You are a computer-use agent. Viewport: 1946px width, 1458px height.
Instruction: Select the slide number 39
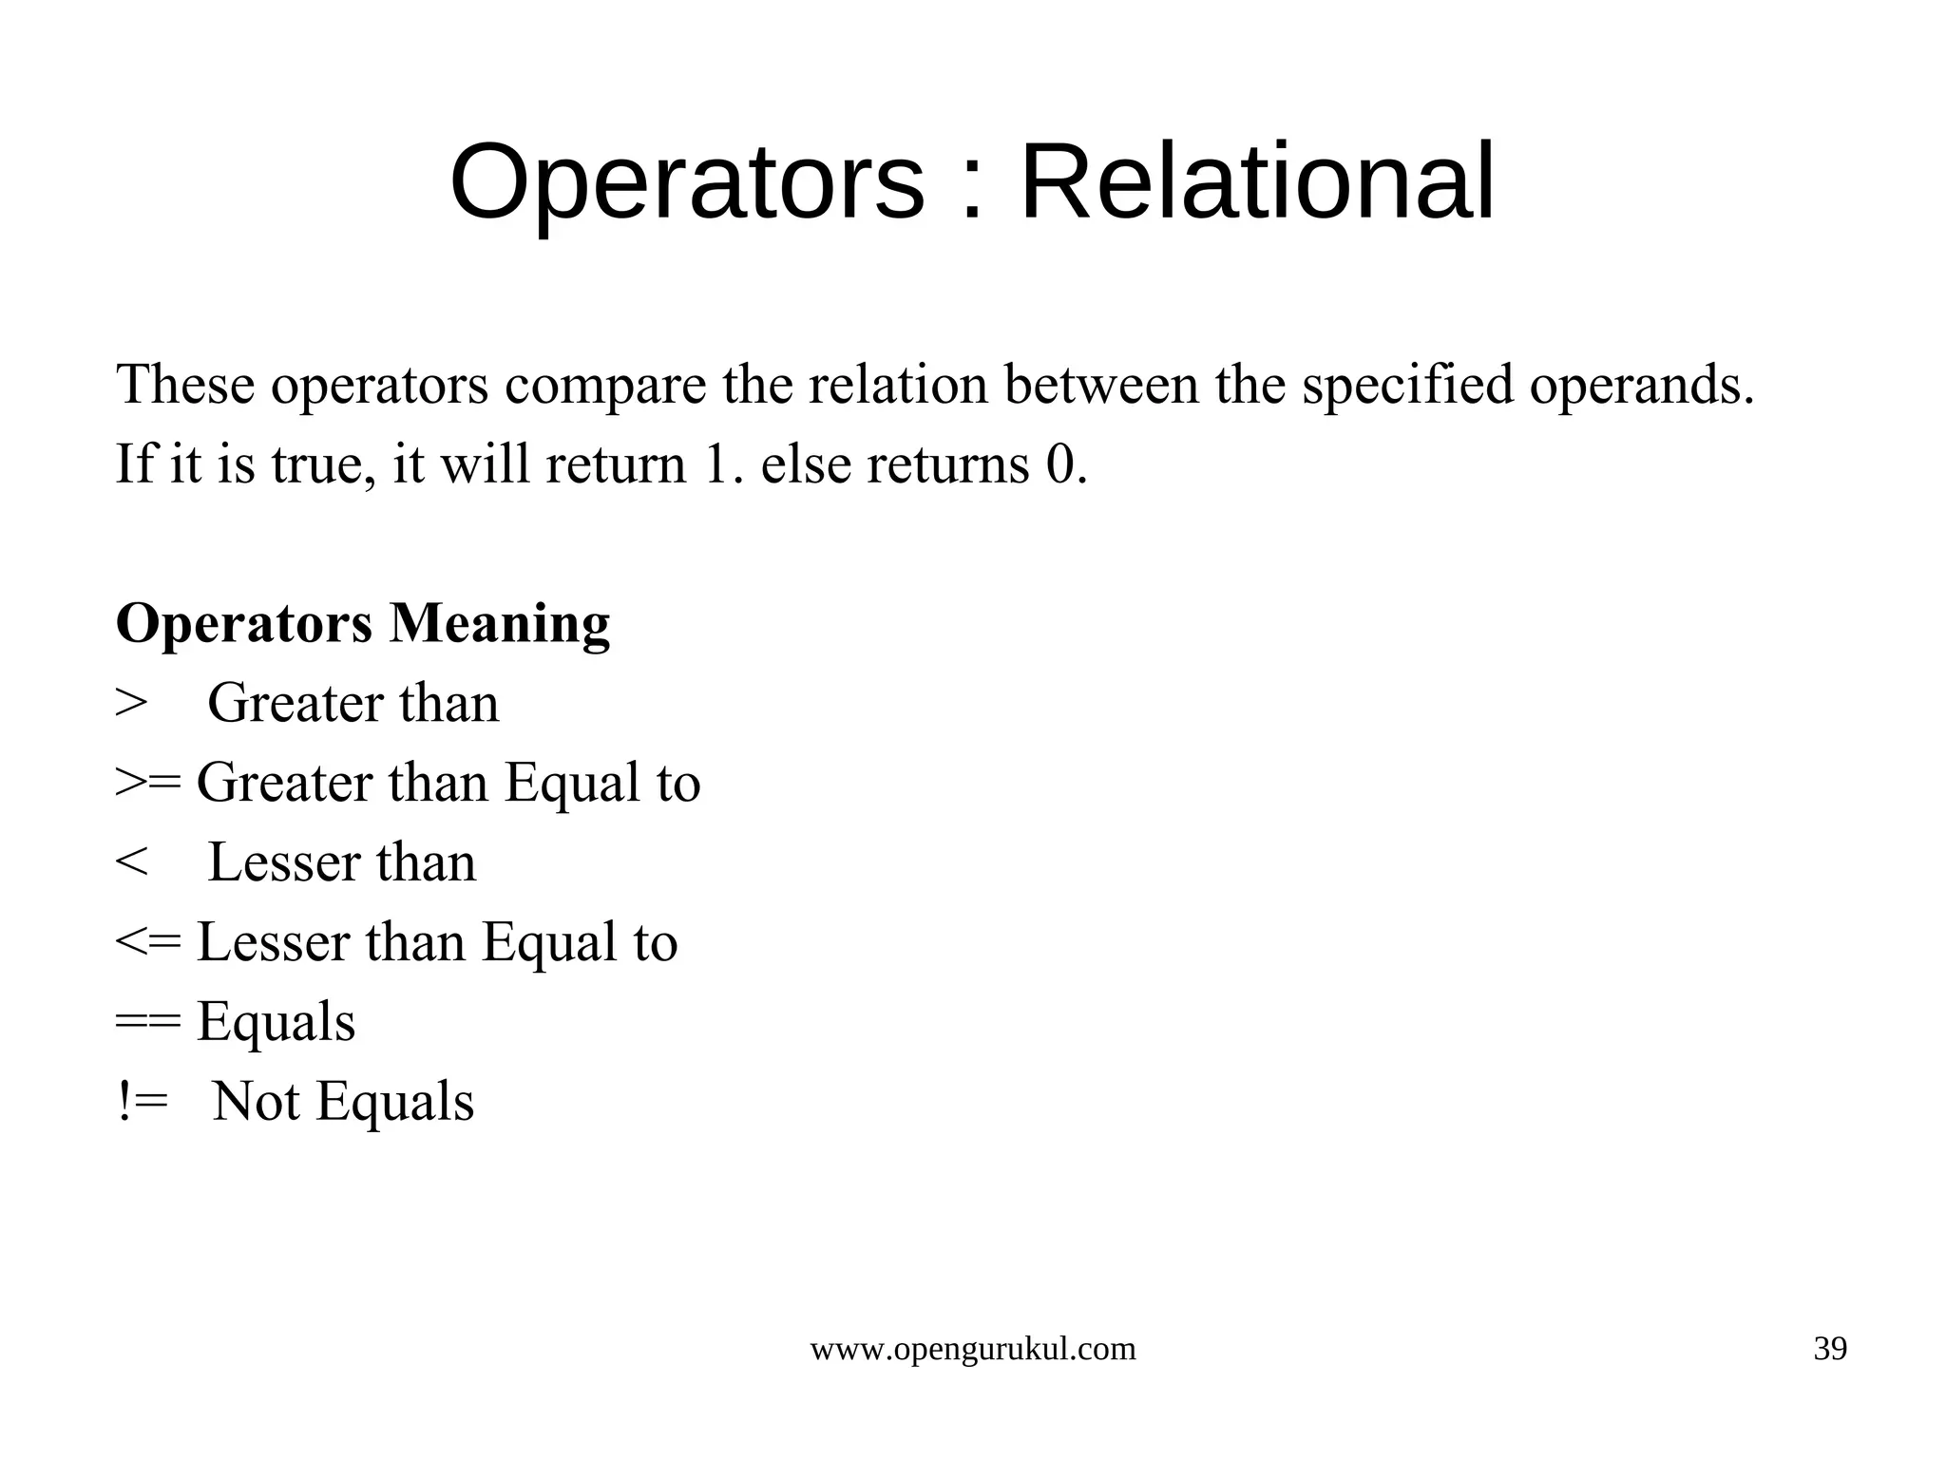pyautogui.click(x=1830, y=1349)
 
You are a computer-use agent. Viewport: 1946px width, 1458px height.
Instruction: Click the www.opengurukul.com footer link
pyautogui.click(x=972, y=1349)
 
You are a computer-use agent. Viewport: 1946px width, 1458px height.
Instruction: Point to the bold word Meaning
pyautogui.click(x=499, y=624)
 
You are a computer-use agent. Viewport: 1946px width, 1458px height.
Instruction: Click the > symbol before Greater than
pyautogui.click(x=131, y=704)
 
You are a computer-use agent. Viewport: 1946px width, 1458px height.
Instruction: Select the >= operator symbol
pyautogui.click(x=147, y=783)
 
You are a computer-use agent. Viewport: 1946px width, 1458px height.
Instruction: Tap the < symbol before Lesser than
pyautogui.click(x=131, y=862)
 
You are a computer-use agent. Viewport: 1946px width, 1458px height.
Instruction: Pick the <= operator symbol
pyautogui.click(x=147, y=942)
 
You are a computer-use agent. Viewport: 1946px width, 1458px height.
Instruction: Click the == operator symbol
pyautogui.click(x=147, y=1022)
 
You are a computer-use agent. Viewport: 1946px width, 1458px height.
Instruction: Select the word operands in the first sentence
pyautogui.click(x=1641, y=386)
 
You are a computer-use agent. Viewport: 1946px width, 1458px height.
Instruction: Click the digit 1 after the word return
pyautogui.click(x=715, y=465)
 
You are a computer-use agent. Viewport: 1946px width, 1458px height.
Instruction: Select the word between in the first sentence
pyautogui.click(x=1101, y=386)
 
